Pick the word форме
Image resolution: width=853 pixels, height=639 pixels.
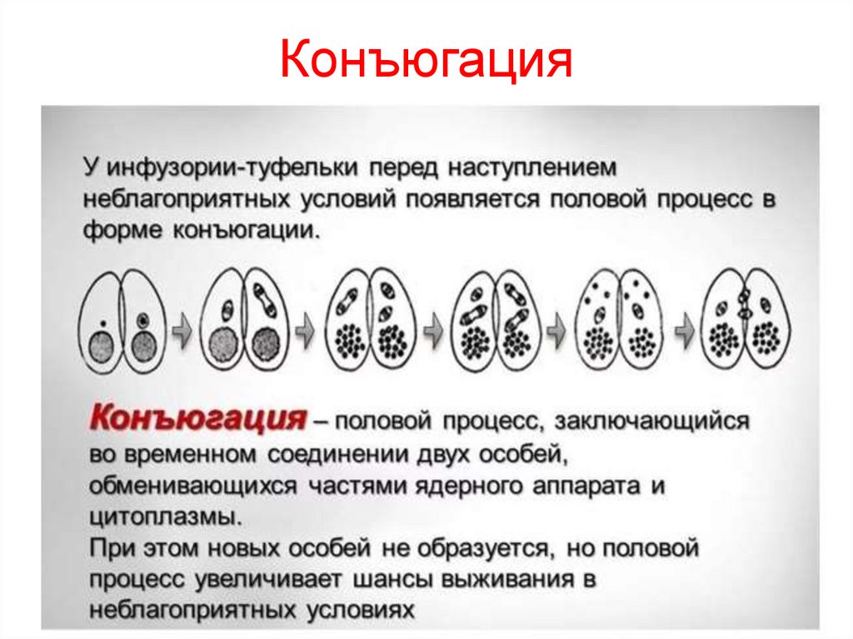[123, 231]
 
